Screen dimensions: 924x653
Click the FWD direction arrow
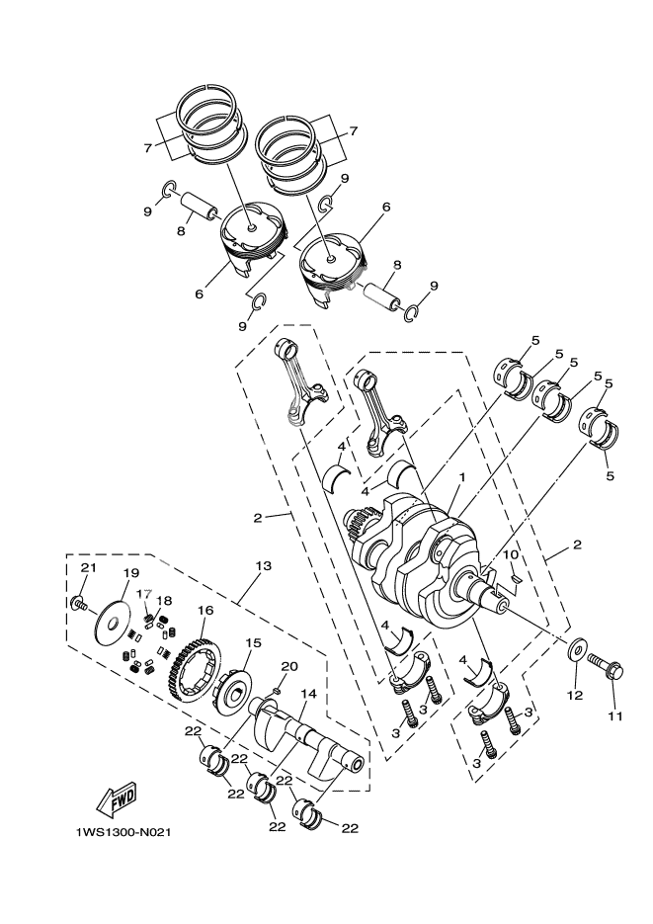click(x=117, y=797)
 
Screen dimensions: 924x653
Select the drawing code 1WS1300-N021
click(x=124, y=830)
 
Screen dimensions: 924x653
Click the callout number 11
click(x=614, y=716)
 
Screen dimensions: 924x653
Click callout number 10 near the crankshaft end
click(x=511, y=557)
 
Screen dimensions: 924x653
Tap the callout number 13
click(x=262, y=566)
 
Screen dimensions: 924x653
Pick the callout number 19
click(x=130, y=572)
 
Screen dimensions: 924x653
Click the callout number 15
click(x=253, y=642)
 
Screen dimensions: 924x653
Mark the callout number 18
click(x=165, y=600)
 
